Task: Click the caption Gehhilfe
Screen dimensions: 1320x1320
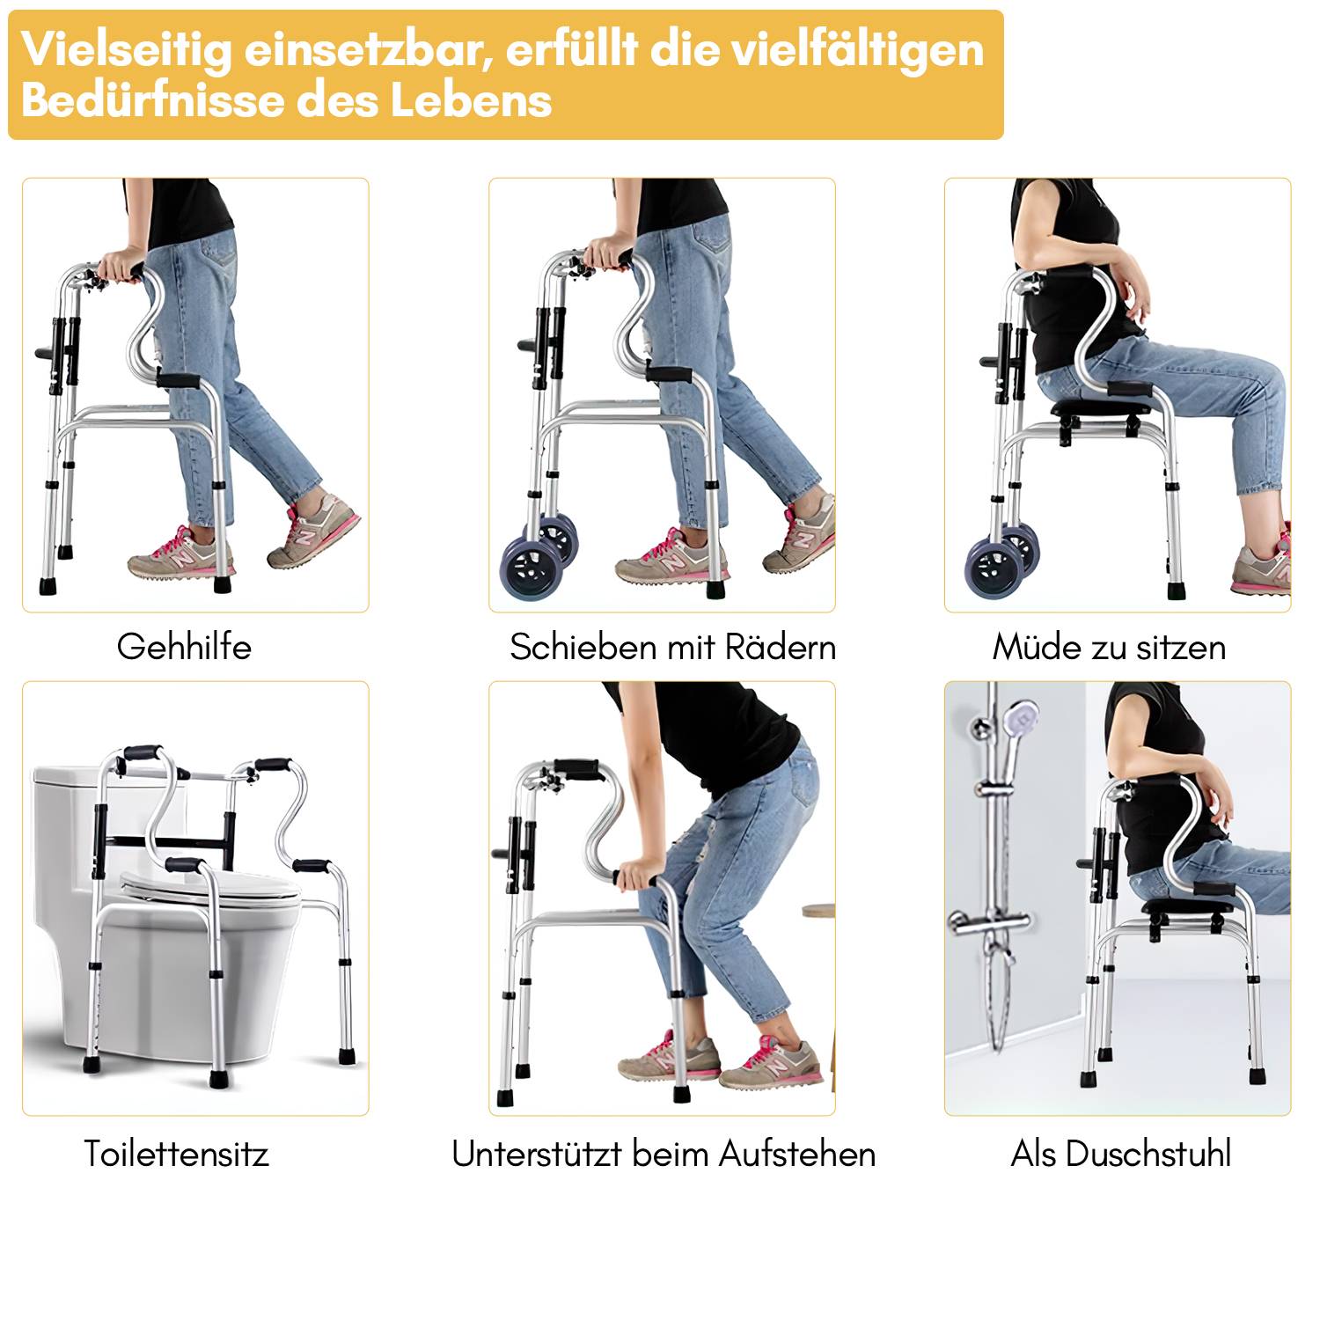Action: [x=184, y=648]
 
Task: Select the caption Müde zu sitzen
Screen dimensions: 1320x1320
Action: [x=1109, y=648]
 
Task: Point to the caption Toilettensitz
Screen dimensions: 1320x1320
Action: [x=176, y=1154]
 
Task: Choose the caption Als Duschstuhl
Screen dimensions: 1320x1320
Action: [x=1120, y=1154]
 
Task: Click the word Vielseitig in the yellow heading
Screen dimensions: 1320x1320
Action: [x=127, y=50]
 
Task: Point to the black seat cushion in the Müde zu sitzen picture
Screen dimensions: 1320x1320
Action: [x=1096, y=408]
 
